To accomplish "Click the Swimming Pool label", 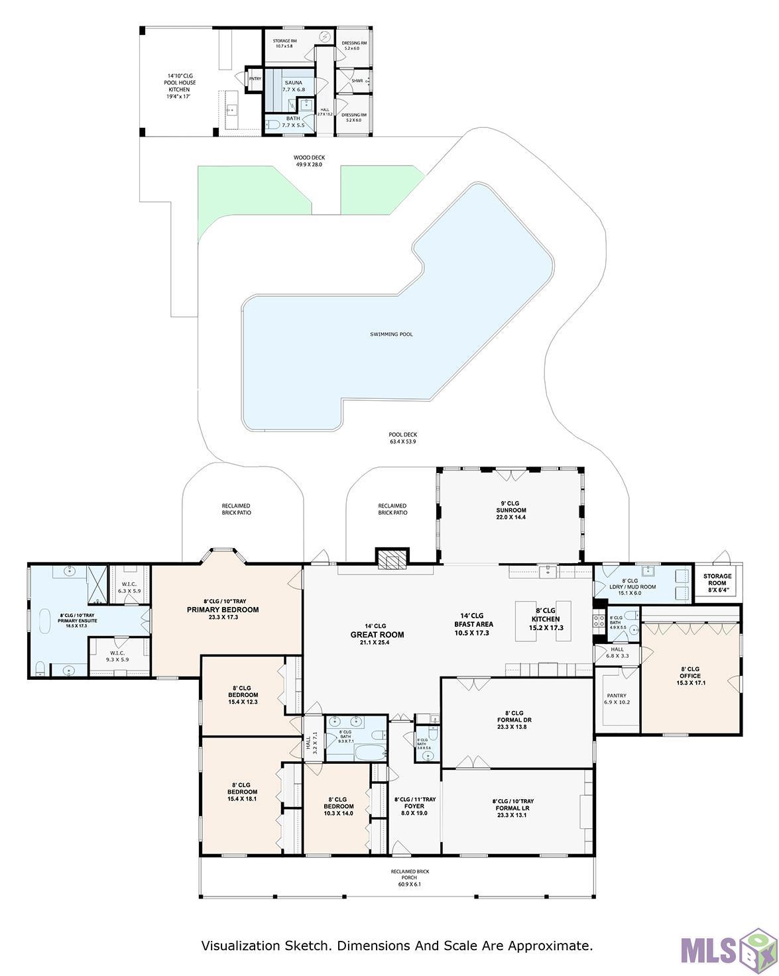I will click(391, 335).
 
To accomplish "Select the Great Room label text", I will click(377, 634).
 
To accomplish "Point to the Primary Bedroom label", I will click(223, 610).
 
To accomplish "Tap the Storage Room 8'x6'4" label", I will click(717, 580).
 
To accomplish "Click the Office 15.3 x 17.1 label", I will click(690, 676).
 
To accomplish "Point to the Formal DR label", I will click(514, 720).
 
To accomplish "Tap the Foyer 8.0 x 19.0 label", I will click(414, 806).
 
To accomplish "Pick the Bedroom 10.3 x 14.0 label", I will click(337, 806).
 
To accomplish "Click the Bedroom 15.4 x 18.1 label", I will click(242, 792).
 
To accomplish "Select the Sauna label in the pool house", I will click(294, 86).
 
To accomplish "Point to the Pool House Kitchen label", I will click(179, 86).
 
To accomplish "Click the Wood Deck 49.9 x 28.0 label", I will click(309, 161).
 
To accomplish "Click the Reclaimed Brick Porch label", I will click(409, 878).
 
